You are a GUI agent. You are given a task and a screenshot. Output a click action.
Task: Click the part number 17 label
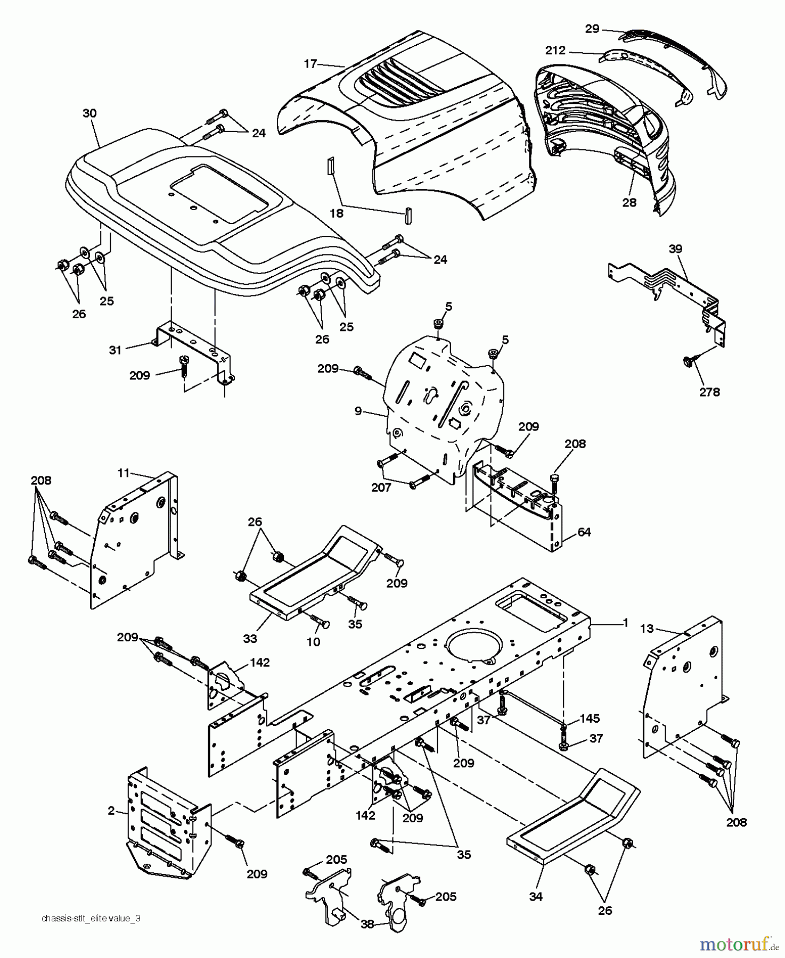point(310,64)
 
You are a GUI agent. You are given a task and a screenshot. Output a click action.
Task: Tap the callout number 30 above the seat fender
point(90,113)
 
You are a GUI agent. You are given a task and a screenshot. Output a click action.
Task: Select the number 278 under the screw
point(709,392)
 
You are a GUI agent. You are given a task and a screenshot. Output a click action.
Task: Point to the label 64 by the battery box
point(584,532)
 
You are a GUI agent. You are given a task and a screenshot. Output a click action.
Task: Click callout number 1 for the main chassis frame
point(625,622)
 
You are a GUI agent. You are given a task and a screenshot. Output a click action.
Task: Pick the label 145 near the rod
point(590,718)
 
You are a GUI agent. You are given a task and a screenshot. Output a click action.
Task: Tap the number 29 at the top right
point(592,29)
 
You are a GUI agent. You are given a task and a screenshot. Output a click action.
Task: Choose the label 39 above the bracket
point(676,249)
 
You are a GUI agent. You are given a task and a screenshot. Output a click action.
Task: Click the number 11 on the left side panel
point(124,472)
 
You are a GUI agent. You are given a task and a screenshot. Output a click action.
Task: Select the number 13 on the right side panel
point(647,629)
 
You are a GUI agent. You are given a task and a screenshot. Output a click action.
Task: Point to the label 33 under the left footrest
point(250,638)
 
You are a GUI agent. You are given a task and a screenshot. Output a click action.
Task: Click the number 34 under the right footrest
point(536,896)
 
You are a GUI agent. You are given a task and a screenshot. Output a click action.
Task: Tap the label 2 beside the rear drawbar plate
point(111,811)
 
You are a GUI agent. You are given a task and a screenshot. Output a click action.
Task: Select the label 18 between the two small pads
point(337,213)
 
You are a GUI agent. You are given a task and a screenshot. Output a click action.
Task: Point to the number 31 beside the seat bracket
point(116,350)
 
